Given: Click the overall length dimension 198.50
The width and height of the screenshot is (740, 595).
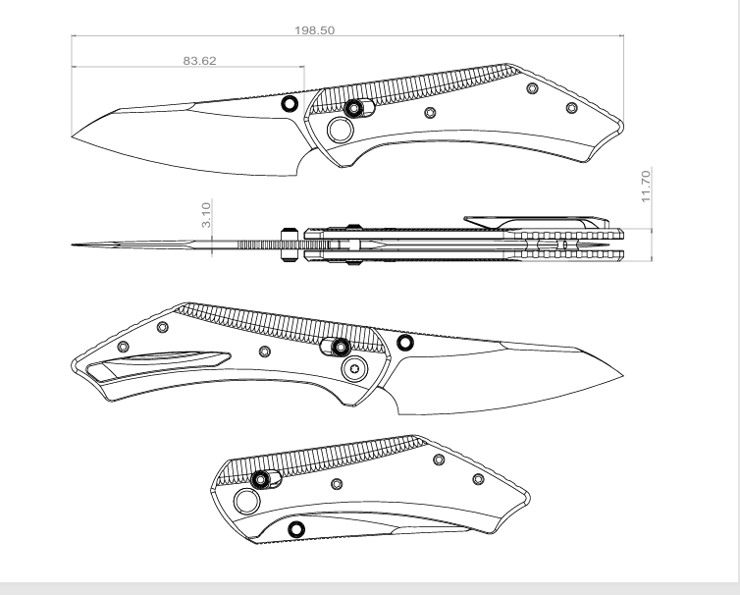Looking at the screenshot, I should pyautogui.click(x=315, y=30).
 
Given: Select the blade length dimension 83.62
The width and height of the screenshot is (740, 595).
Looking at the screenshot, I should pyautogui.click(x=200, y=60).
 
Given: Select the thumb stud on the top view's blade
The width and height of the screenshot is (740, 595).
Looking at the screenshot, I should pyautogui.click(x=289, y=103).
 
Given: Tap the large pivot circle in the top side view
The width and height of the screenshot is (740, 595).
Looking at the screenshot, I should pyautogui.click(x=342, y=130).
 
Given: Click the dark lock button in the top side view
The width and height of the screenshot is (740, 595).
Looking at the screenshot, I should pyautogui.click(x=353, y=107).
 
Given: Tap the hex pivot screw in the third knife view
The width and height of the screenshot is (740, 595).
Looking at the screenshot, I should pyautogui.click(x=354, y=369).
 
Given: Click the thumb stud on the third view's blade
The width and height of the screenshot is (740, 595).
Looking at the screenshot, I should pyautogui.click(x=404, y=342).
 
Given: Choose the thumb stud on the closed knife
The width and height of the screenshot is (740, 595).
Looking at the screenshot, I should pyautogui.click(x=295, y=530).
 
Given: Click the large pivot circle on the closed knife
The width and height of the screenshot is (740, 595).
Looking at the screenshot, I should pyautogui.click(x=248, y=505).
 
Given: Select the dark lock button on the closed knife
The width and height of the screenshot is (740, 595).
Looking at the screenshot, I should pyautogui.click(x=261, y=479).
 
